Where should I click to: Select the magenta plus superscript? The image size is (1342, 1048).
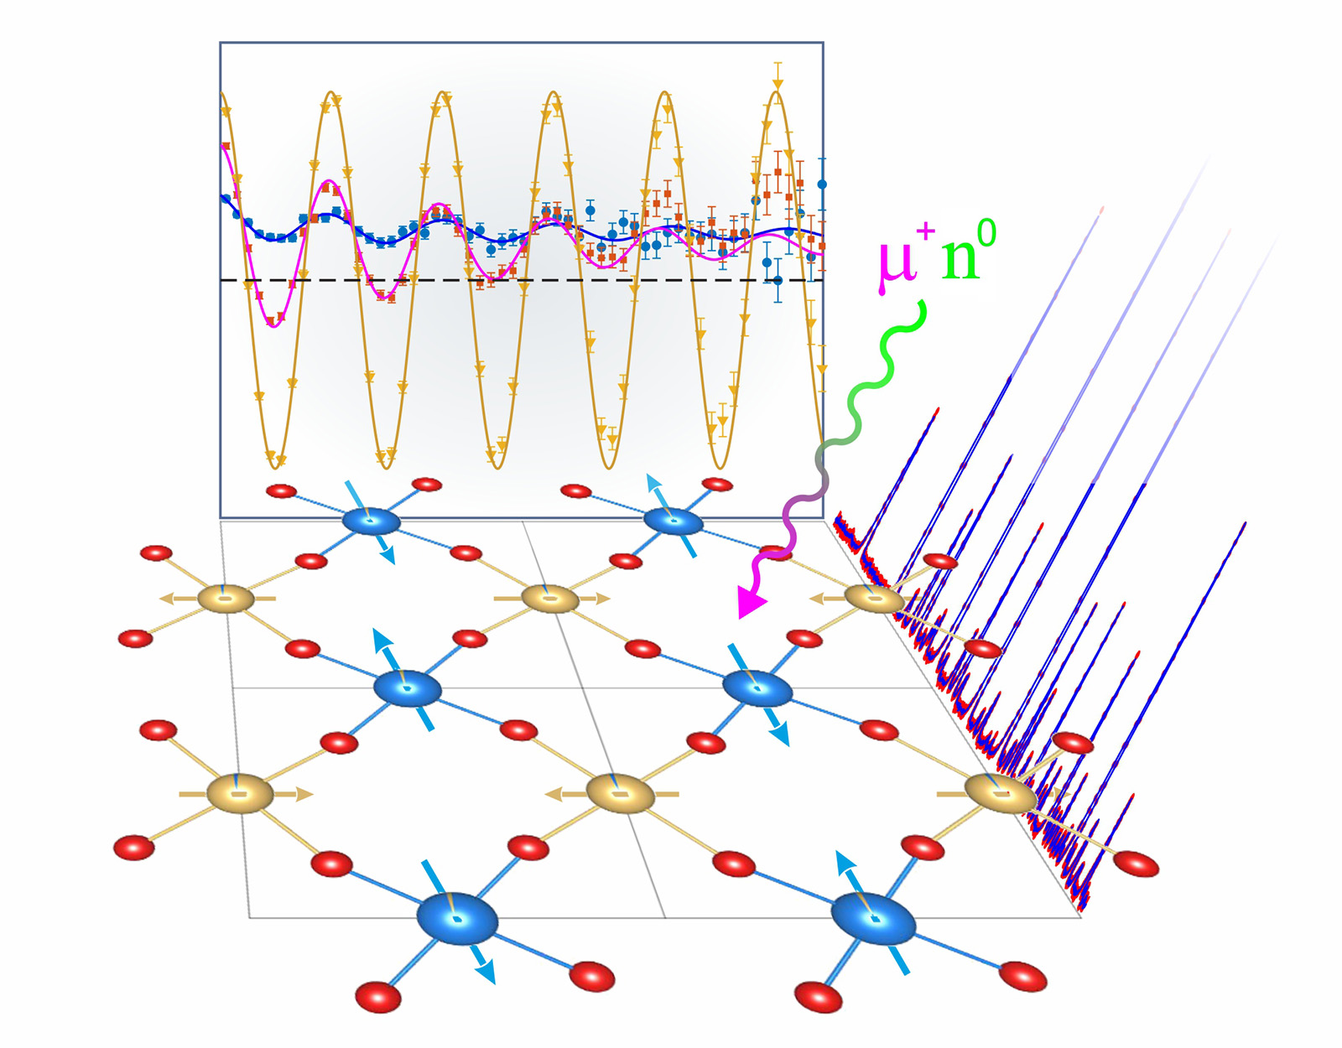pos(926,233)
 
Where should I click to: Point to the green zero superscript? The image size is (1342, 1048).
pos(987,235)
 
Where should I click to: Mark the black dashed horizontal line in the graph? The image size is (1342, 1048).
pos(522,280)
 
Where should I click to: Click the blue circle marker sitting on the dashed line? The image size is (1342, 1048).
pos(778,280)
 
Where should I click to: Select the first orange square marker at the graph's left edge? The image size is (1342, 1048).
pos(226,146)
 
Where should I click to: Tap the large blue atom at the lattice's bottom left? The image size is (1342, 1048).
pos(458,919)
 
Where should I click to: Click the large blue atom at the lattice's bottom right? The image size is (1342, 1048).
pos(873,918)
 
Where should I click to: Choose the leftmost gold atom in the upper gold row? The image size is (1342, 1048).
pos(226,599)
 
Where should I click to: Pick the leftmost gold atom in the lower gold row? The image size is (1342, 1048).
pos(240,794)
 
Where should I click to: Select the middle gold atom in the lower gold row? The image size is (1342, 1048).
pos(619,794)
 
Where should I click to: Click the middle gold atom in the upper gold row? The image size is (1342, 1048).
pos(550,599)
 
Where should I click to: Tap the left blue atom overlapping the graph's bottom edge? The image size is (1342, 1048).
pos(372,521)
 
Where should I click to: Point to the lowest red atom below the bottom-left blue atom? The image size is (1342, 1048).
pos(378,997)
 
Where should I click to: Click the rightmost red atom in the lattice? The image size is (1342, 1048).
pos(1136,864)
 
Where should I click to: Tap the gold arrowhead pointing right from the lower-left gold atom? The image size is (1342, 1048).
pos(304,794)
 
